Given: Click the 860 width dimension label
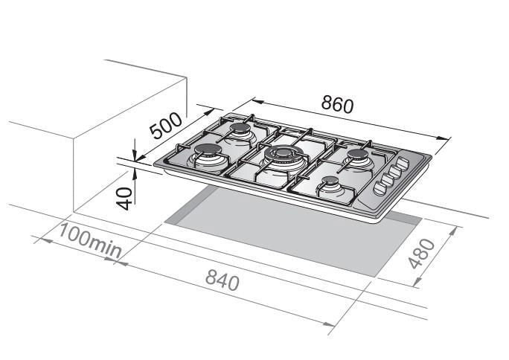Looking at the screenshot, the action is pos(337,105).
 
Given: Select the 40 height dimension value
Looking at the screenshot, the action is pos(124,199).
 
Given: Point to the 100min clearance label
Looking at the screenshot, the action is pos(89,241).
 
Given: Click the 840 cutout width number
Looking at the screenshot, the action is pos(223,280).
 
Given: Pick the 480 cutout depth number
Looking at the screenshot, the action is pos(421,254).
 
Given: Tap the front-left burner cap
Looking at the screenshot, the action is pos(208,150).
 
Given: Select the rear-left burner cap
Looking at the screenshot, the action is pos(240,128).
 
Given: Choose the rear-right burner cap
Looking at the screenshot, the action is pos(358,154).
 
